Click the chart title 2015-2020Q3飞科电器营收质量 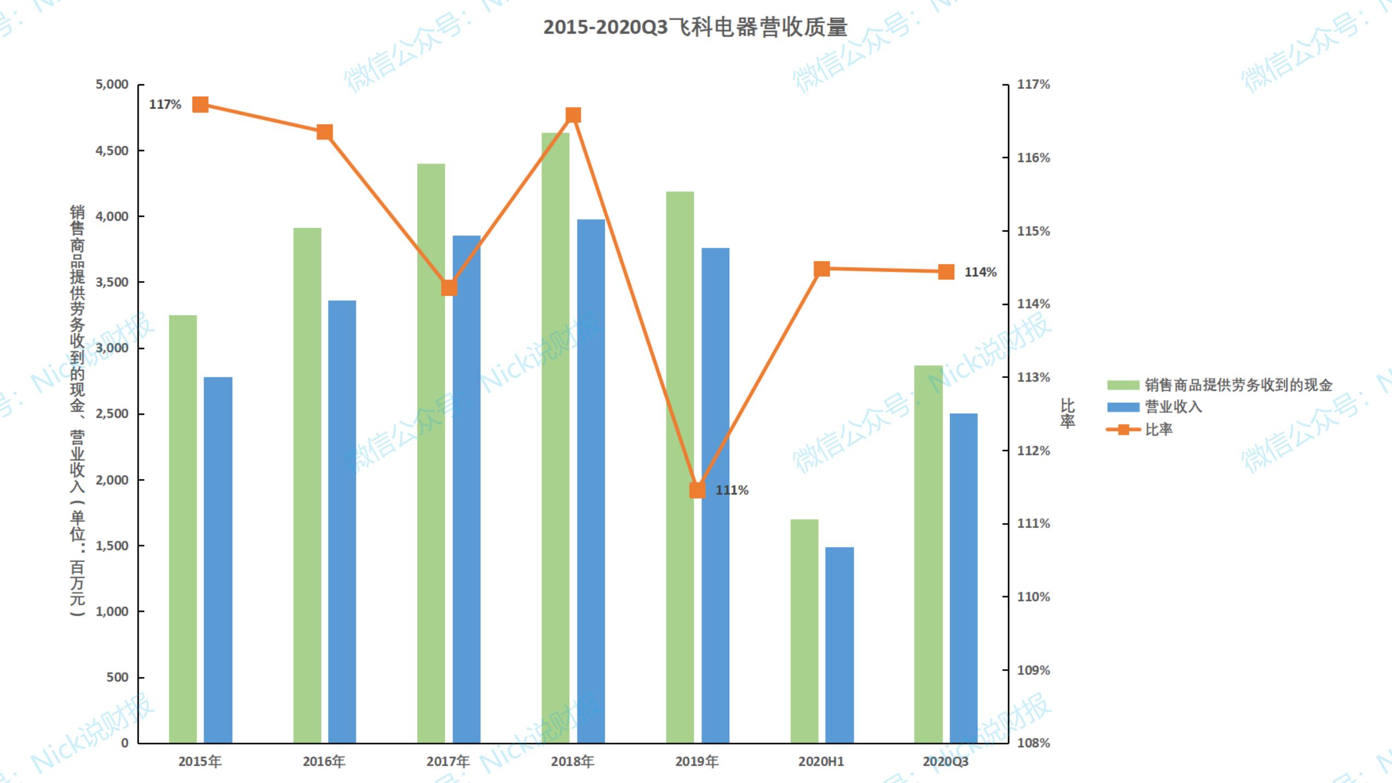click(695, 27)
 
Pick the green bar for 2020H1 click(804, 631)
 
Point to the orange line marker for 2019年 click(698, 490)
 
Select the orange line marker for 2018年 click(573, 115)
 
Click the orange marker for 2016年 click(325, 132)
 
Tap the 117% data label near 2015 click(165, 104)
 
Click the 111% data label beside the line click(732, 490)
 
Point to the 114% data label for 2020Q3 click(980, 272)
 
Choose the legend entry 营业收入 click(1173, 407)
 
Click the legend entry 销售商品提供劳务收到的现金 click(1238, 385)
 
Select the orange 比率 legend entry click(1158, 430)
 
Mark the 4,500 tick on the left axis click(112, 151)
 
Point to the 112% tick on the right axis click(1033, 451)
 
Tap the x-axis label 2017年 click(448, 761)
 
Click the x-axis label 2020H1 click(821, 761)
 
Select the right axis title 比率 click(1067, 413)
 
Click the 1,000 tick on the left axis click(112, 612)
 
